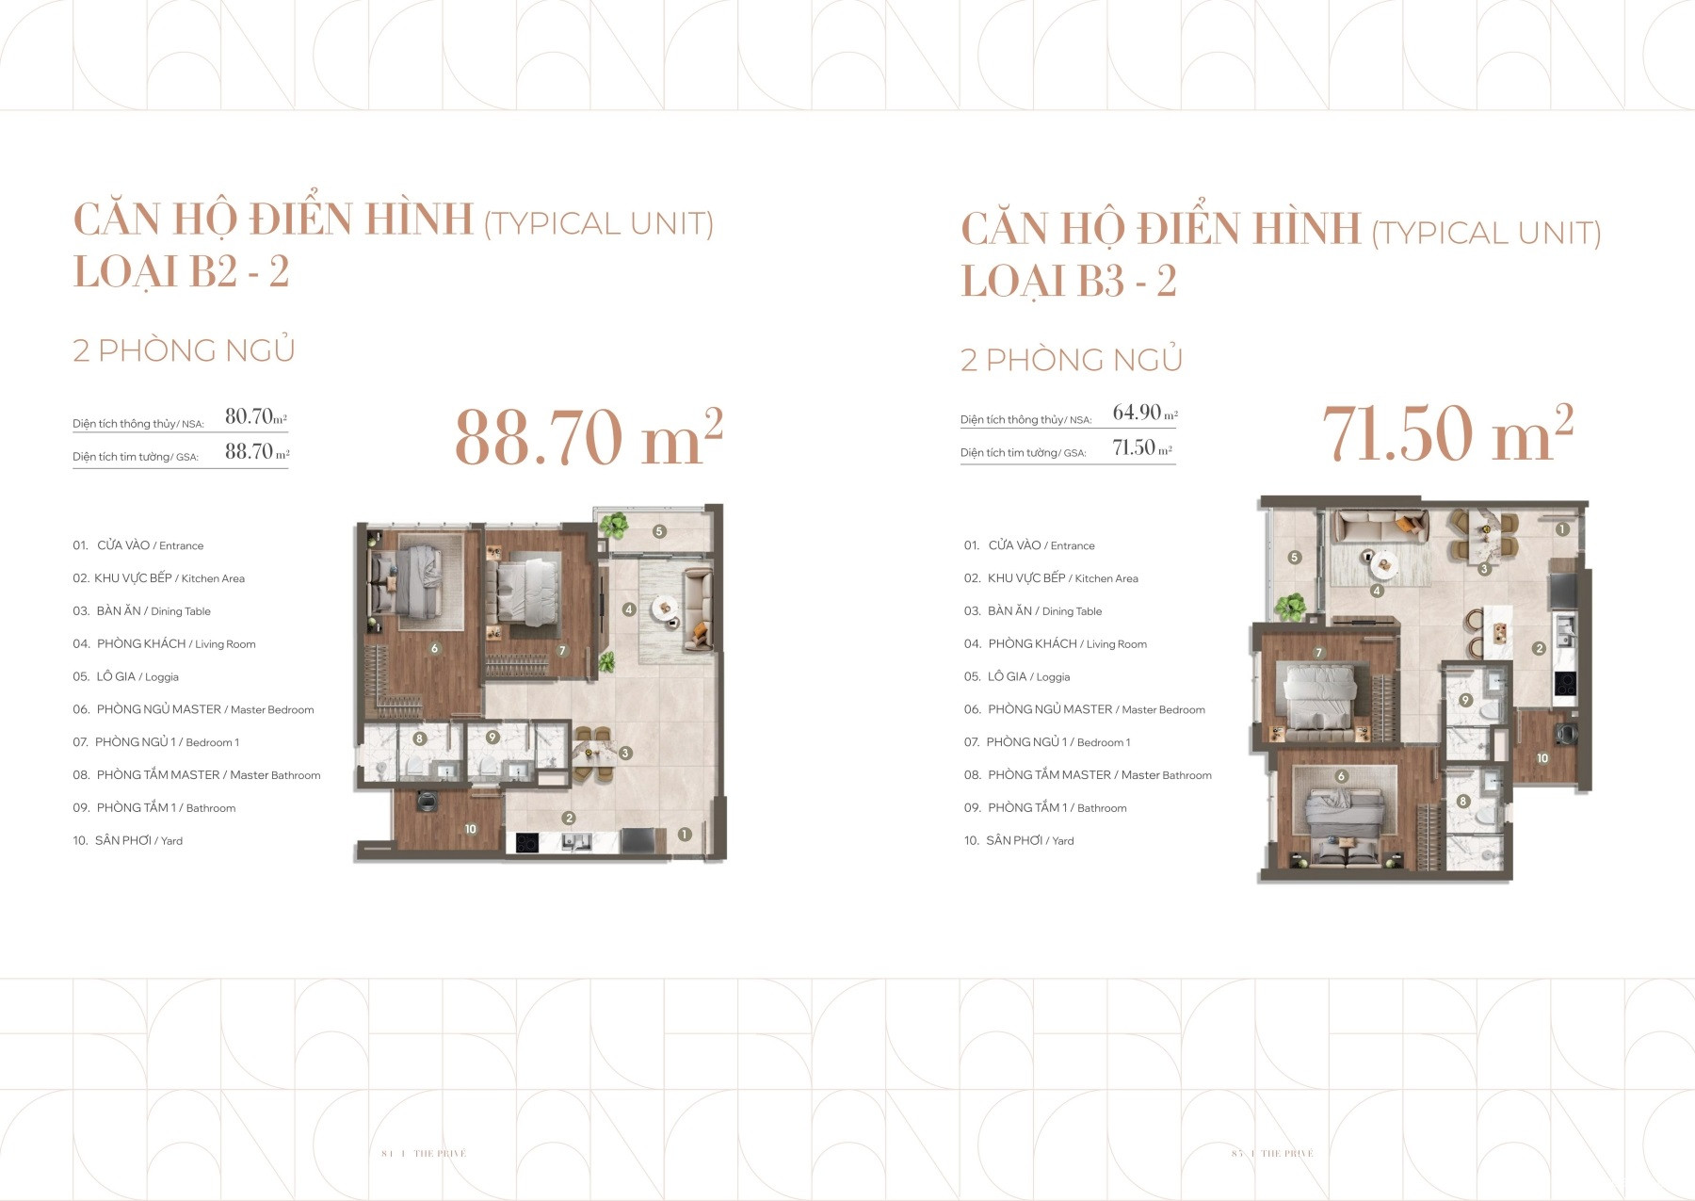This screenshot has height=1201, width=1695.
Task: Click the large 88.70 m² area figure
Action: click(x=588, y=439)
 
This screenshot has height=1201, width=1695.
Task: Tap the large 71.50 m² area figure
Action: click(x=1447, y=434)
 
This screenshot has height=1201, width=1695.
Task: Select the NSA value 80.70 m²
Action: click(x=255, y=416)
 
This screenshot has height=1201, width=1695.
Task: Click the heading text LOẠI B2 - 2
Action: click(x=181, y=272)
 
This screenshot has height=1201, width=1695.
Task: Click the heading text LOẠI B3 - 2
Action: click(x=1068, y=282)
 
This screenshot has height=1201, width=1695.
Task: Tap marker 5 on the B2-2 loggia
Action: click(x=659, y=531)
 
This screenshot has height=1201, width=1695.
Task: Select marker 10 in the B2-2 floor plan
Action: click(x=470, y=829)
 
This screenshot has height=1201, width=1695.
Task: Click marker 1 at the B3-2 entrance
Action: click(x=1562, y=529)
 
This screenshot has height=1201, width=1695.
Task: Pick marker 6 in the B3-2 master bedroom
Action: click(x=1341, y=776)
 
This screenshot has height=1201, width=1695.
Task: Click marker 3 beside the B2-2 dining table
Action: click(x=625, y=753)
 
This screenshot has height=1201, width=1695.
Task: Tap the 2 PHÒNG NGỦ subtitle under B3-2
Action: click(x=1071, y=360)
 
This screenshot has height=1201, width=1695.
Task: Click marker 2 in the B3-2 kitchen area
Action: click(x=1539, y=648)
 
